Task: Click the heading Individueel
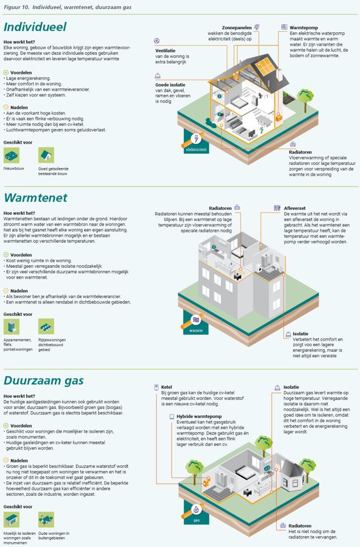pos(35,27)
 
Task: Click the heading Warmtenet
pos(35,198)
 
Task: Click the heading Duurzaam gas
pos(44,381)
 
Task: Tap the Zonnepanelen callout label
pos(237,27)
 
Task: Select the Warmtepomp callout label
pos(303,27)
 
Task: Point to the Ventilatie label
pos(165,51)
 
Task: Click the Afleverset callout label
pos(295,208)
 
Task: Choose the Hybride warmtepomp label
pos(199,417)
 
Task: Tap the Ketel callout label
pos(167,387)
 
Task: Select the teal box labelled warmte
pos(196,322)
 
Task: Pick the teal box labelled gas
pos(196,513)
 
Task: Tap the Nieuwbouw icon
pos(12,155)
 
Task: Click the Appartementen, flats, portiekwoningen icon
pos(12,327)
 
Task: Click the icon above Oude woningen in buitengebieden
pos(46,520)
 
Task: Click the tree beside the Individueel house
pos(305,99)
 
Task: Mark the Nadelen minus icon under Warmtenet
pos(6,291)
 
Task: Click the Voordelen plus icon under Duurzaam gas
pos(6,425)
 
